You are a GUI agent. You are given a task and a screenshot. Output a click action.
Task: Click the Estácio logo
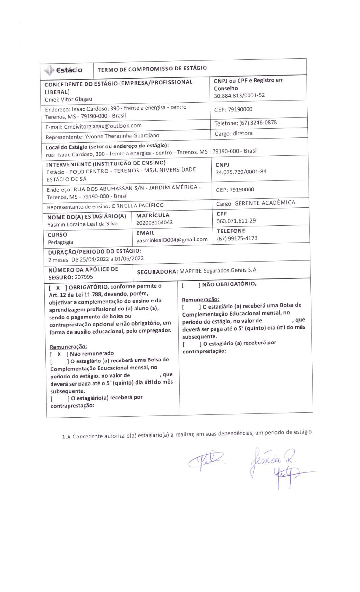pos(64,70)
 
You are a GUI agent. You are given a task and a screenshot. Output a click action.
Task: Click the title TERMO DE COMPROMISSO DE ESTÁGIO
pos(152,69)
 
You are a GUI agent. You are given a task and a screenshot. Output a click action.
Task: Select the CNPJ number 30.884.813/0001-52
pos(239,95)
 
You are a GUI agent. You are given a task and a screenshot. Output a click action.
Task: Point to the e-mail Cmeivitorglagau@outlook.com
pos(103,126)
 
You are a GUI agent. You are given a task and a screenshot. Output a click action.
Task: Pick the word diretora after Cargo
pos(243,133)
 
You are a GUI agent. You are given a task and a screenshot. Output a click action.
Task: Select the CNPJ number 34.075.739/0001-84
pos(241,172)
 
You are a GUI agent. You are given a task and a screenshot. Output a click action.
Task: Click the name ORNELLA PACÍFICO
pos(137,205)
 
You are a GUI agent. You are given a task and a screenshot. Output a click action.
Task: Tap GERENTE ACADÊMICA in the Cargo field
pos(265,203)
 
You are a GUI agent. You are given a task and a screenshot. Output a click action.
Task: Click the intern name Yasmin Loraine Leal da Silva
pos(83,224)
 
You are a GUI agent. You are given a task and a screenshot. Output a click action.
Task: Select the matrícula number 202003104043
pos(154,223)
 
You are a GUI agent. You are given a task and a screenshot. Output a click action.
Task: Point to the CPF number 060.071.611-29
pos(236,221)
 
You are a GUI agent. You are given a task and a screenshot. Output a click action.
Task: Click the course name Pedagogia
pos(60,242)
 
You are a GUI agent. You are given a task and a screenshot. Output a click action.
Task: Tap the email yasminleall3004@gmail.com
pos(172,239)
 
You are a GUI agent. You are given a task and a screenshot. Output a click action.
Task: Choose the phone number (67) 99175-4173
pos(237,238)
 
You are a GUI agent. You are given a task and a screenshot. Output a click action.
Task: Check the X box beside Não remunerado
pos(59,354)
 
